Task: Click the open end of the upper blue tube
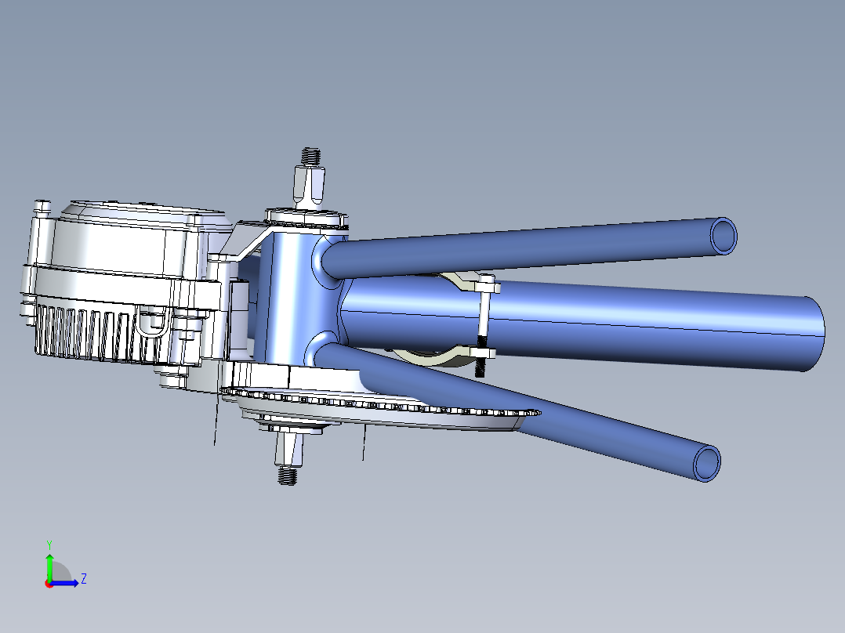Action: click(x=724, y=235)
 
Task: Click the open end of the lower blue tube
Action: click(x=707, y=462)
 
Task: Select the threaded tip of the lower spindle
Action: click(x=288, y=475)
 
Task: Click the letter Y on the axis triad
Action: click(x=49, y=544)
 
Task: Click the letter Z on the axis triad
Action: click(x=83, y=579)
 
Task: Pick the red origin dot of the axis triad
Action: click(x=49, y=583)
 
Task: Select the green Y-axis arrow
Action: click(x=49, y=566)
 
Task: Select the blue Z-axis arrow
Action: click(x=66, y=583)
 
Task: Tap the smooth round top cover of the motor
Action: click(x=118, y=243)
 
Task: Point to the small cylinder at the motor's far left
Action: click(x=42, y=208)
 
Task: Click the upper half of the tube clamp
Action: click(x=462, y=282)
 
